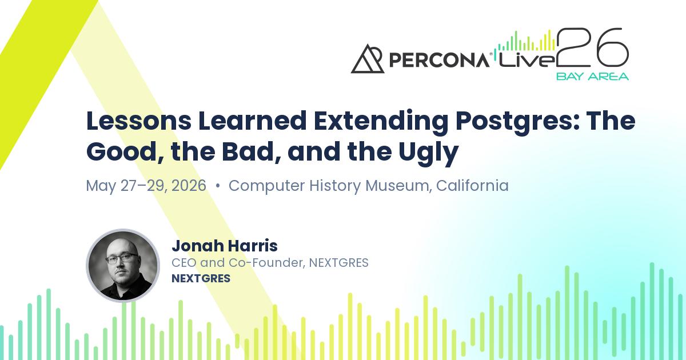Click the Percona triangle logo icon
coord(368,59)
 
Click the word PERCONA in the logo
coord(438,60)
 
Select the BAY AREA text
coord(592,76)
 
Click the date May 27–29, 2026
coord(146,186)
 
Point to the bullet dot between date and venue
coord(218,186)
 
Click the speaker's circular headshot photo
coord(123,266)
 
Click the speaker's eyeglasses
coord(122,258)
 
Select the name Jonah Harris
coord(224,246)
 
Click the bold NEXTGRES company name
coord(201,279)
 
